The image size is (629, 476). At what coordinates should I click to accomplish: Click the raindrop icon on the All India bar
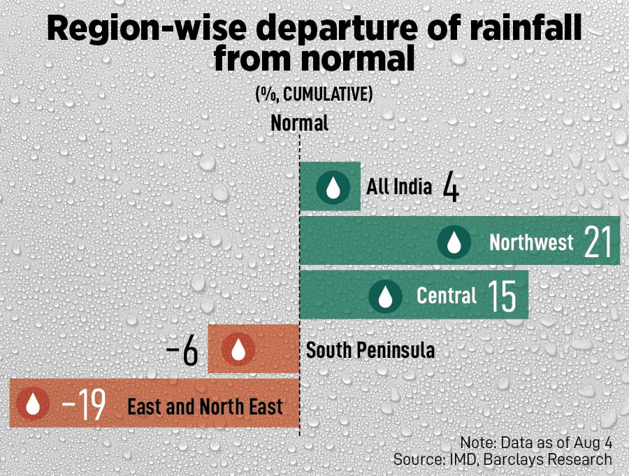pos(333,187)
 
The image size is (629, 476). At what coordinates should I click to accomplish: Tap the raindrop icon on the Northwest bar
pos(454,242)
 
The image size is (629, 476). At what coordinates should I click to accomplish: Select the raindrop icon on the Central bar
pos(384,296)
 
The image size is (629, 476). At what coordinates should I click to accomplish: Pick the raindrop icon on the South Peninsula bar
pos(238,349)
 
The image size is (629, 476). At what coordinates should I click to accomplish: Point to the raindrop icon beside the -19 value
pos(33,403)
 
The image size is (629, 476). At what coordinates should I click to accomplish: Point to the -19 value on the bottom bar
pos(83,405)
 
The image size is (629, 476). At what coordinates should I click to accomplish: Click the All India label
pos(399,187)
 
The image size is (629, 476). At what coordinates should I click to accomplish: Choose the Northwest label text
pos(531,243)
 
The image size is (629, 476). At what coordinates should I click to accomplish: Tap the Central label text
pos(447,296)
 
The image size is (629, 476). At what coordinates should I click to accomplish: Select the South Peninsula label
pos(370,349)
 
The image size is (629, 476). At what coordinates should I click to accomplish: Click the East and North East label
pos(205,406)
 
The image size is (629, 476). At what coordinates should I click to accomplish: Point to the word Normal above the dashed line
pos(299,124)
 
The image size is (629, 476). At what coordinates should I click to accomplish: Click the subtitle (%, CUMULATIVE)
pos(314,95)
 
